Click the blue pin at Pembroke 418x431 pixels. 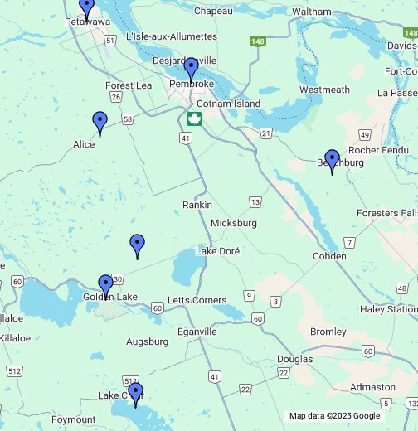[x=191, y=69]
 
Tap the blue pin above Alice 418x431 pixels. [x=100, y=123]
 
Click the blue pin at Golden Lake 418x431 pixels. [x=105, y=286]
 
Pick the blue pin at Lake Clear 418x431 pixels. [x=135, y=394]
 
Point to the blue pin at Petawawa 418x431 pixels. [x=86, y=7]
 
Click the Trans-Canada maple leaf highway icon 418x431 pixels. [x=194, y=119]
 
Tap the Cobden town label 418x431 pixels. [x=329, y=256]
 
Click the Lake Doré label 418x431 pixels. [x=217, y=251]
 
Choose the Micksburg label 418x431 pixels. [x=234, y=223]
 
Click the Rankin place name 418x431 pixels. [x=197, y=205]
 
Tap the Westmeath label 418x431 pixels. [x=324, y=90]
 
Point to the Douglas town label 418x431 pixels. [x=295, y=359]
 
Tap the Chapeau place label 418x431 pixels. [x=213, y=11]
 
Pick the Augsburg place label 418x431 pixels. [x=147, y=341]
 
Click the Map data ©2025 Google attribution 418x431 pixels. [x=333, y=416]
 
